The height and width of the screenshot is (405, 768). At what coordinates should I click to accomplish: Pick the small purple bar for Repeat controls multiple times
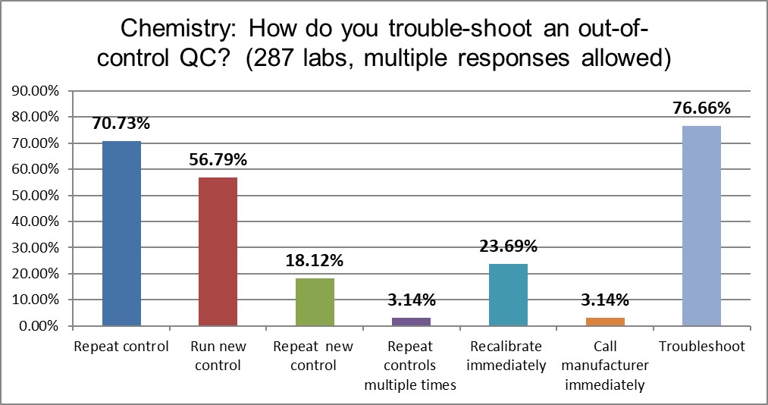pos(411,322)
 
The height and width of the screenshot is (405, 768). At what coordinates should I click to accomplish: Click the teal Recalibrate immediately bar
pos(508,295)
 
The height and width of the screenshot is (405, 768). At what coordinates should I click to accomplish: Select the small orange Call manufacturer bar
pos(604,322)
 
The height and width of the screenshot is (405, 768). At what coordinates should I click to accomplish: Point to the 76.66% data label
pos(701,108)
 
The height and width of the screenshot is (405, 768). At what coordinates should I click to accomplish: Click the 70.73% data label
pos(121,124)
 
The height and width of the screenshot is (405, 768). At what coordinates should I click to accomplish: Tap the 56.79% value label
pos(218,160)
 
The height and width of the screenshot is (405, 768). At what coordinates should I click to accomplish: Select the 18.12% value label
pos(315,261)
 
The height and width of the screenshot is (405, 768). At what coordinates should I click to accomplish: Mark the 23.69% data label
pos(508,246)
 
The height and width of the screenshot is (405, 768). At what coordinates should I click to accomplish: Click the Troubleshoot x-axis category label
pos(701,347)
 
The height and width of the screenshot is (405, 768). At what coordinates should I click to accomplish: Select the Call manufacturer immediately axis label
pos(604,366)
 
